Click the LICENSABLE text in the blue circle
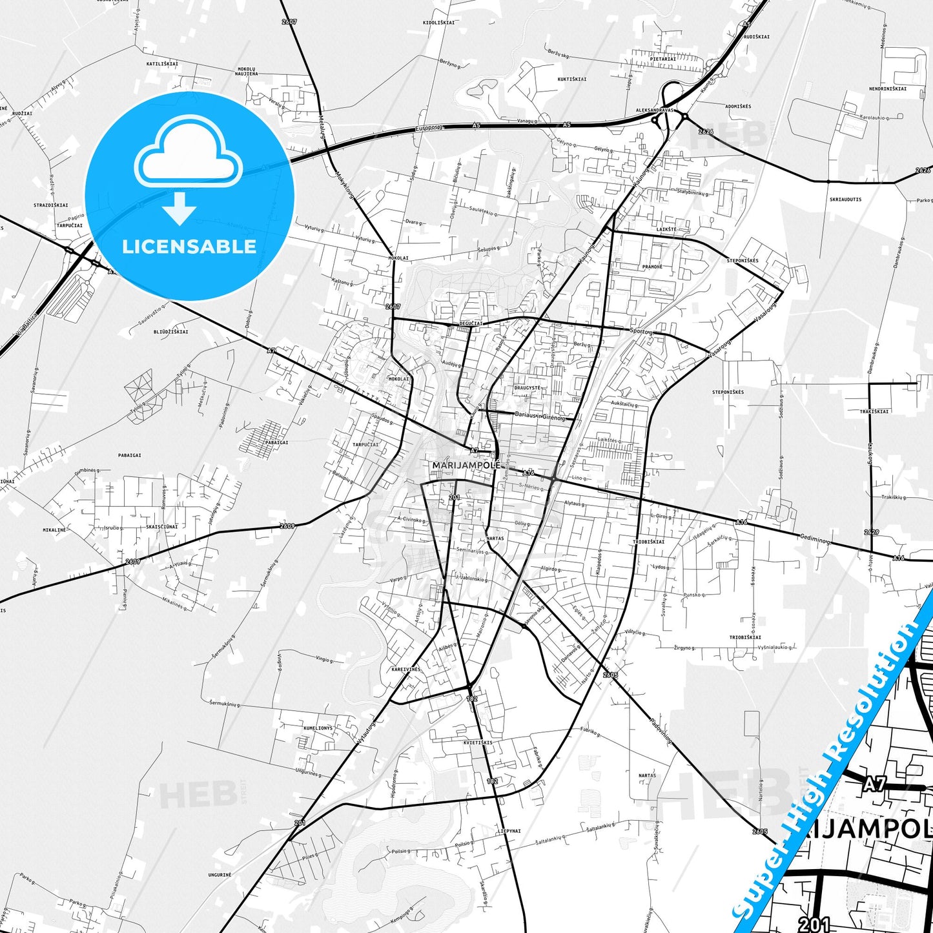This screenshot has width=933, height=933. click(189, 246)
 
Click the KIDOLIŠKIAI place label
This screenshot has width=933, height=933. click(438, 22)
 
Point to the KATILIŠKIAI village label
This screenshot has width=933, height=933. click(161, 64)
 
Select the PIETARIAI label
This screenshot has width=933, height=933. click(663, 59)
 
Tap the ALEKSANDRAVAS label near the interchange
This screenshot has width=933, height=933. click(654, 110)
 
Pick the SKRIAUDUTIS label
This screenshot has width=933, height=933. click(845, 200)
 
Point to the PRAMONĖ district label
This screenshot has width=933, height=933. click(652, 267)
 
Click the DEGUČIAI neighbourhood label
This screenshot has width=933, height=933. click(471, 322)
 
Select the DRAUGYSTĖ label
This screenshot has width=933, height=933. click(527, 388)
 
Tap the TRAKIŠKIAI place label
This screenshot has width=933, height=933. click(874, 411)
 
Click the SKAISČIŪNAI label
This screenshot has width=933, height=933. click(161, 527)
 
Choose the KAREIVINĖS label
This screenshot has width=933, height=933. click(405, 670)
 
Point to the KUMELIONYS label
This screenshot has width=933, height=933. click(318, 728)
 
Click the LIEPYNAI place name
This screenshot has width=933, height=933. click(509, 831)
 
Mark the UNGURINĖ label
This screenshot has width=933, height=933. click(220, 874)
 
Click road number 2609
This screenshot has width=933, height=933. click(287, 526)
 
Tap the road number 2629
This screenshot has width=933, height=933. click(871, 532)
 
